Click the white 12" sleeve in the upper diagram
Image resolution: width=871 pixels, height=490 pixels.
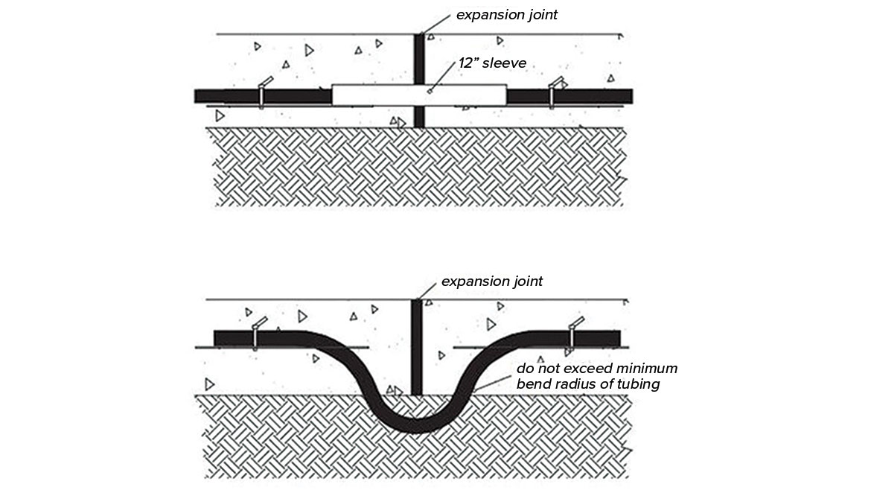click(x=372, y=95)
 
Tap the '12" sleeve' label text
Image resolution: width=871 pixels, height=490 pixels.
click(x=492, y=63)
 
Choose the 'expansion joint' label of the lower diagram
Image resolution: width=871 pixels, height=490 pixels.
click(x=492, y=281)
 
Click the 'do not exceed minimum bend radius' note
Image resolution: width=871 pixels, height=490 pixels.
click(x=596, y=376)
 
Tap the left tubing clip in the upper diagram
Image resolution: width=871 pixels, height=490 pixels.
click(x=262, y=92)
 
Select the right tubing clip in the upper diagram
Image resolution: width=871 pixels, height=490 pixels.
click(x=553, y=92)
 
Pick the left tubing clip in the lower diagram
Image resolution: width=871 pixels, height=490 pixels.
click(x=255, y=334)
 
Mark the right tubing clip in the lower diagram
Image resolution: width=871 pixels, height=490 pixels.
click(x=572, y=334)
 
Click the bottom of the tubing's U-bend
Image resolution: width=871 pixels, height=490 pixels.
click(x=415, y=425)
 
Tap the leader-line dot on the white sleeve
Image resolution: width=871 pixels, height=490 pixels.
click(x=431, y=92)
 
